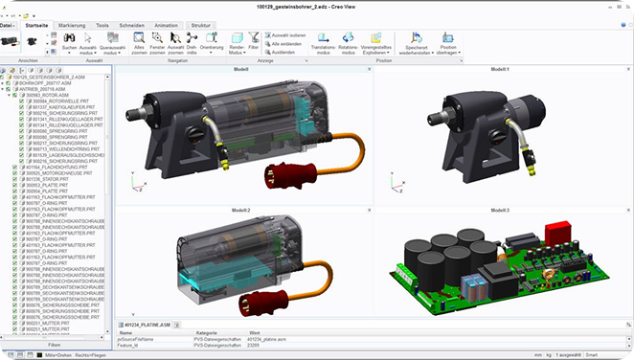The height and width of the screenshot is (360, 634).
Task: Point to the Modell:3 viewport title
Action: coord(501,209)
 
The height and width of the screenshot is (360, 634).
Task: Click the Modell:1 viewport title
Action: coord(501,70)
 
